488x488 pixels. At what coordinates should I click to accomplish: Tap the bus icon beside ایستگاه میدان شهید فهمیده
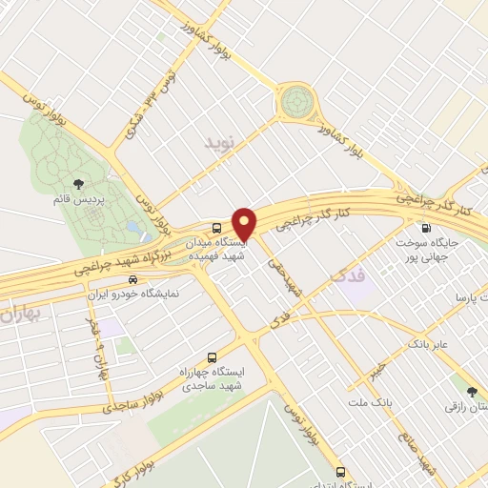217,228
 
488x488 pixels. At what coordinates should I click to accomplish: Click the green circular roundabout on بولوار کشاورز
296,99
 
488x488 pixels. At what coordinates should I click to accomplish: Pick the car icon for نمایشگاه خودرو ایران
132,280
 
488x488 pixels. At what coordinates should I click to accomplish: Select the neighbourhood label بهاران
21,314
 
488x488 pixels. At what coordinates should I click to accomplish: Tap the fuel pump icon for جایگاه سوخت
425,228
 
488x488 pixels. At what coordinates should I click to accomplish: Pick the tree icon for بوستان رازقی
470,390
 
